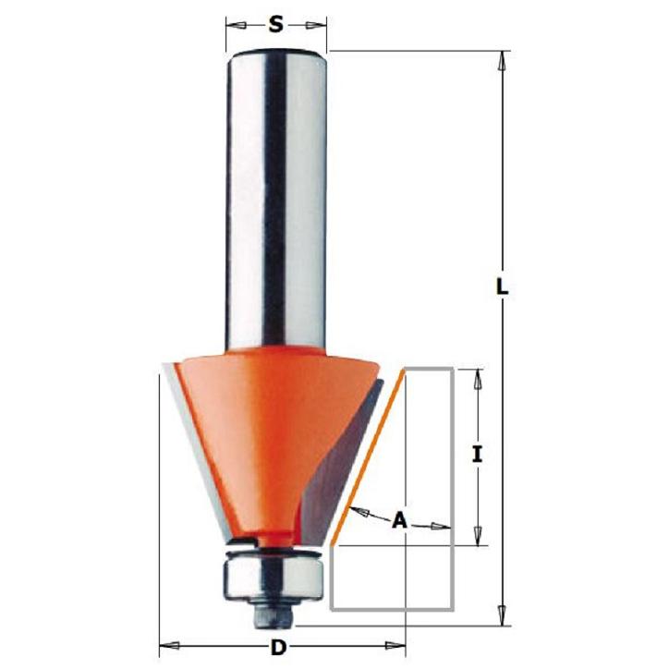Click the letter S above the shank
276,25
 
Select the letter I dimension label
478,454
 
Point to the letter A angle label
400,520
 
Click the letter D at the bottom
278,649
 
